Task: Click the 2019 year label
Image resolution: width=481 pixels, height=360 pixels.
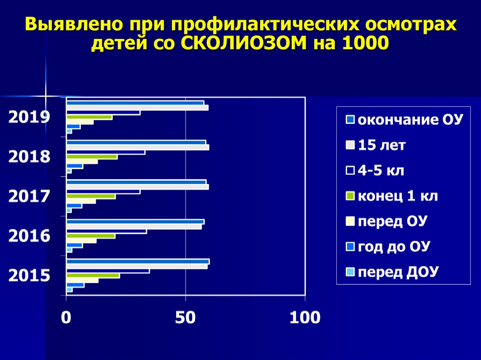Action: (x=29, y=117)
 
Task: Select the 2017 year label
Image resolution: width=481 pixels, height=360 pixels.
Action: (x=29, y=196)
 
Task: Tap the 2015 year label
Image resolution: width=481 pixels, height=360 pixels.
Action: (x=29, y=276)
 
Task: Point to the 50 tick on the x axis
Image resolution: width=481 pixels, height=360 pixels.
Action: (x=186, y=318)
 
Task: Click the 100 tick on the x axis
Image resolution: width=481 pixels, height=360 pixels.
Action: (x=305, y=318)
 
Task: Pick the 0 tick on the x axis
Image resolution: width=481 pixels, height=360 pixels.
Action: (x=66, y=318)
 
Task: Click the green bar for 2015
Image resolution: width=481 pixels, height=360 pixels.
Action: (x=93, y=276)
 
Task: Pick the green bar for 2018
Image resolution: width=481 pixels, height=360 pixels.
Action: (x=92, y=157)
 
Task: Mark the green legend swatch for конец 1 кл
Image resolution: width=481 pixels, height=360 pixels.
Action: (x=349, y=196)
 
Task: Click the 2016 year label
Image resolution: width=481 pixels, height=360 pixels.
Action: (x=29, y=236)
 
